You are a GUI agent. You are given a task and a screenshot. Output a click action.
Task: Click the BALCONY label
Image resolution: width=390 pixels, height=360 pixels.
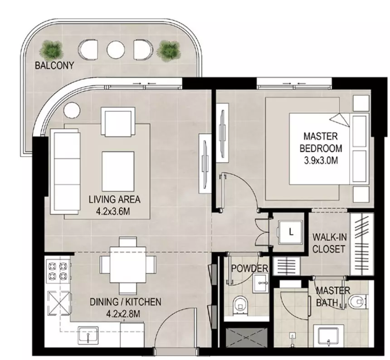[x=54, y=65]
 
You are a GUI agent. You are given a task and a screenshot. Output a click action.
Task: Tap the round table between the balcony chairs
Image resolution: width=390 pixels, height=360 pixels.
[x=115, y=49]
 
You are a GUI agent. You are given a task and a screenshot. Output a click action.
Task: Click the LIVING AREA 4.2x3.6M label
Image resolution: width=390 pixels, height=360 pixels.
[x=114, y=205]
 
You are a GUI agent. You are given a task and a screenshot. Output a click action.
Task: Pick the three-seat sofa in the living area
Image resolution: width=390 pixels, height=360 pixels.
[x=65, y=171]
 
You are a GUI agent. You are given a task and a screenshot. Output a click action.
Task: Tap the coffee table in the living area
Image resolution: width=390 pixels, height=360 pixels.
[x=118, y=171]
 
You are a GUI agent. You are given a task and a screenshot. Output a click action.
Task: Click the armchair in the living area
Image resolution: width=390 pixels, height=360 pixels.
[x=118, y=122]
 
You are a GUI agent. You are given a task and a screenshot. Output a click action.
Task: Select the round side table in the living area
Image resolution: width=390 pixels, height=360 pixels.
[x=72, y=110]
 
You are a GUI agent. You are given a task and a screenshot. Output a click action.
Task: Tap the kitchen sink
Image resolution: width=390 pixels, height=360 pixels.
[x=88, y=335]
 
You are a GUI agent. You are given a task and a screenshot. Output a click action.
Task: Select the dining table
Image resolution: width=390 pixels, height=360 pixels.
[x=128, y=264]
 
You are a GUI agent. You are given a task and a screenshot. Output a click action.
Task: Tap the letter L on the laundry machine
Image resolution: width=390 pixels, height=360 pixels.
[x=291, y=233]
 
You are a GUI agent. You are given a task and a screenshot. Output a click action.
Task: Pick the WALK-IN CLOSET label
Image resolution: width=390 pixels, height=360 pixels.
[x=329, y=243]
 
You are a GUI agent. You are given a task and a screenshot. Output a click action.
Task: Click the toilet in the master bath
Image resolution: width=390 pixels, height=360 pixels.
[x=358, y=302]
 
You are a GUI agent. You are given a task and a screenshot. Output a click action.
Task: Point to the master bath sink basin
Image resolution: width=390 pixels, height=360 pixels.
[x=329, y=336]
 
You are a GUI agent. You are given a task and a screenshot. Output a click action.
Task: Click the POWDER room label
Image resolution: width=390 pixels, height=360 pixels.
[x=249, y=268]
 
